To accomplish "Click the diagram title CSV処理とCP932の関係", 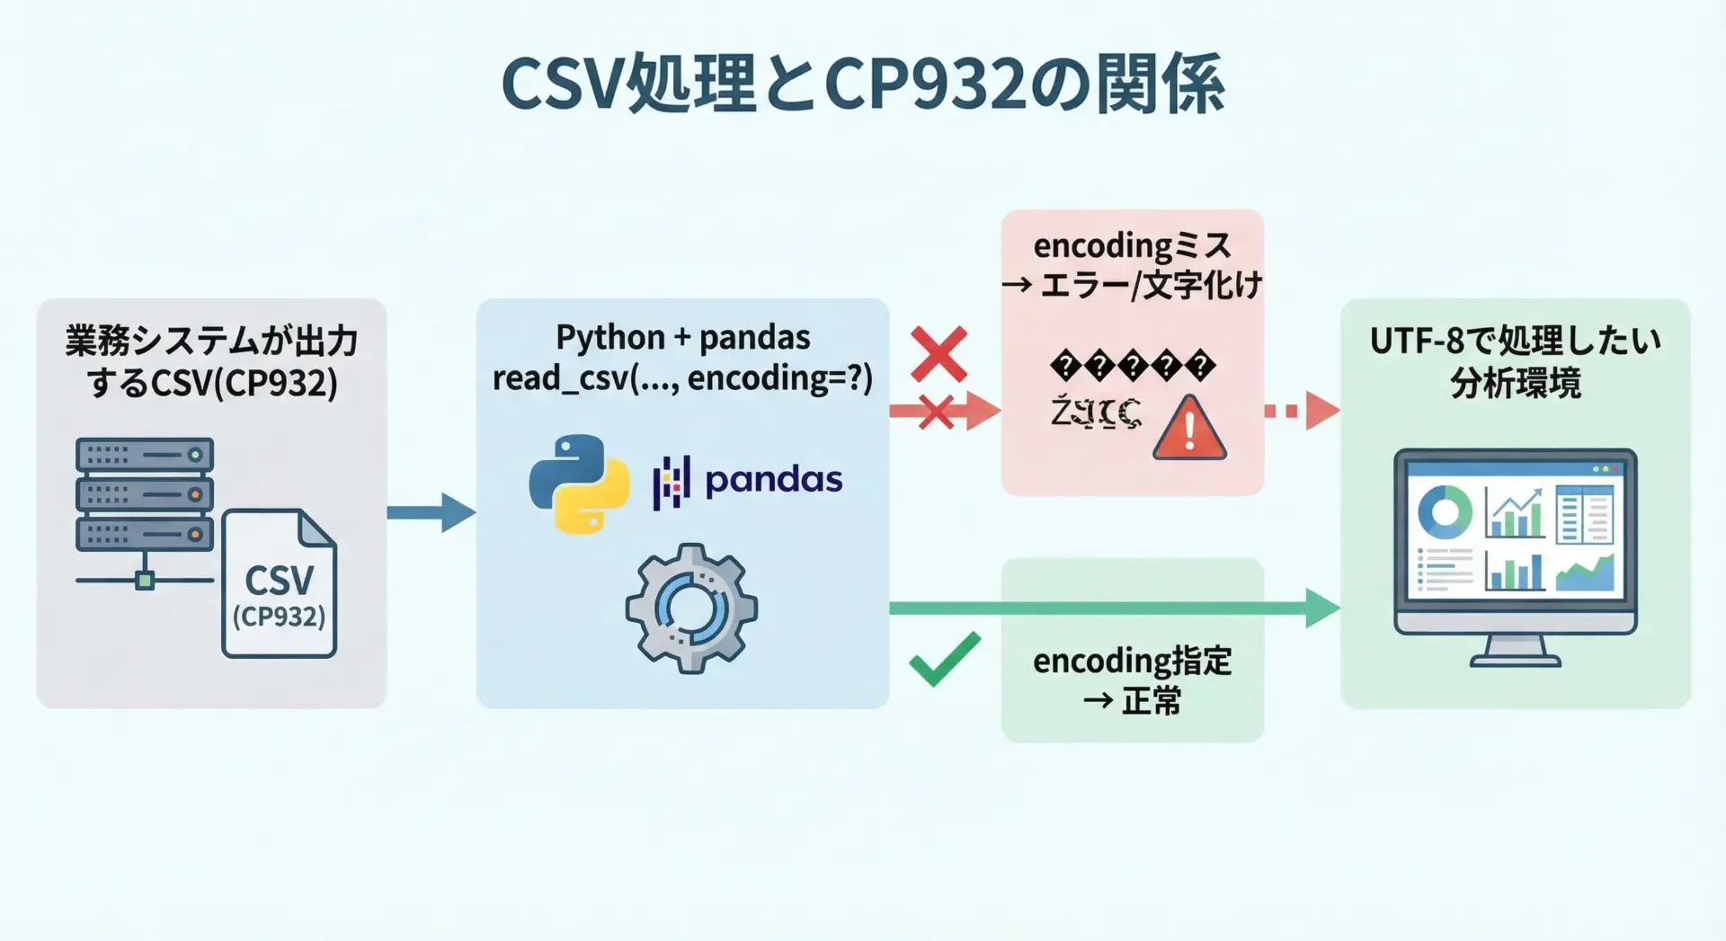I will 862,84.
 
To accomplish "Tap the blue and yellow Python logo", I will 579,484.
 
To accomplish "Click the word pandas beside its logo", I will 773,480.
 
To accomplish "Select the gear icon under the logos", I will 690,608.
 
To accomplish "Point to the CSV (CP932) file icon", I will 280,584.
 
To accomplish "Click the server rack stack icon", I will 145,494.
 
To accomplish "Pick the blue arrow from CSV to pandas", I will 431,512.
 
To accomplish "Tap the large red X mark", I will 939,354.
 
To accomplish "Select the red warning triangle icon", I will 1189,430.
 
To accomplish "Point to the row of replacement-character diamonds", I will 1133,367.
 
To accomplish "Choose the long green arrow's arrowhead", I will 1322,608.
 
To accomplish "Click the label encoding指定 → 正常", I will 1133,680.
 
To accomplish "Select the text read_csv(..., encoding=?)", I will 682,378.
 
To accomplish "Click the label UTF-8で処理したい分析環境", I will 1516,361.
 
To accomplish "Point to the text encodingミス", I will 1132,245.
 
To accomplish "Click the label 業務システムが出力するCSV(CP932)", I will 212,361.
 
